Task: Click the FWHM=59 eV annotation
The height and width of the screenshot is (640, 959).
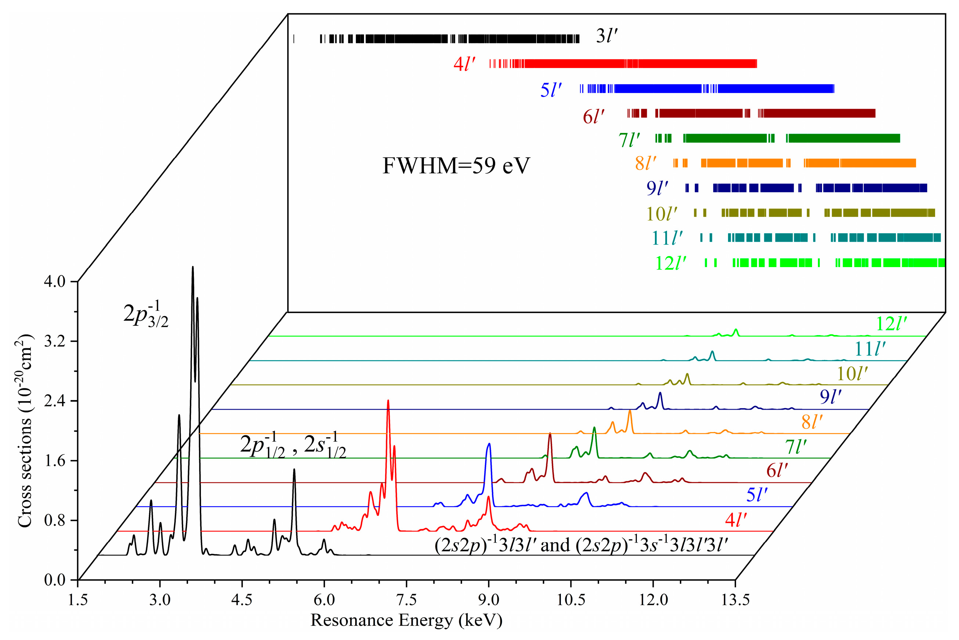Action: [456, 166]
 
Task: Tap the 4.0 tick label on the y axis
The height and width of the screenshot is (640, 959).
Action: [55, 282]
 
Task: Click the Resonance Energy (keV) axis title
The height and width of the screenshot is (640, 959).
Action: [407, 621]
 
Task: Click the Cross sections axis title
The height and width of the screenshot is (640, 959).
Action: [25, 431]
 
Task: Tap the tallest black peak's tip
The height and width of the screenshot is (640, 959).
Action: [192, 267]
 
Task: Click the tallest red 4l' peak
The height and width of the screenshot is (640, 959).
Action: [388, 401]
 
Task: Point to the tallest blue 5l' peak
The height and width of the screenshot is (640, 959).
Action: [489, 444]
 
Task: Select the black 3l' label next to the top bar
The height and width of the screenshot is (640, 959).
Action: [606, 36]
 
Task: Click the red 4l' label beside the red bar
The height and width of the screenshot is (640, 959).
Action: [464, 64]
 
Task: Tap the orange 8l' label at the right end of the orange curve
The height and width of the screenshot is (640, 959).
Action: [812, 422]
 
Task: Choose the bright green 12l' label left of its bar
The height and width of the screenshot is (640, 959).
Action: [670, 263]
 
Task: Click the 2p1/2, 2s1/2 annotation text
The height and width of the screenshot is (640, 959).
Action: [293, 445]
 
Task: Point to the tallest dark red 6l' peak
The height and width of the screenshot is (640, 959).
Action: [550, 434]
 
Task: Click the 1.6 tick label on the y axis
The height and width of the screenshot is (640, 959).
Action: [55, 461]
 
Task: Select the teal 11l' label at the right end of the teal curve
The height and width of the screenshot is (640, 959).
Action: [870, 349]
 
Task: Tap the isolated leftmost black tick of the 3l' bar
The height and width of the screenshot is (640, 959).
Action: [294, 39]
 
